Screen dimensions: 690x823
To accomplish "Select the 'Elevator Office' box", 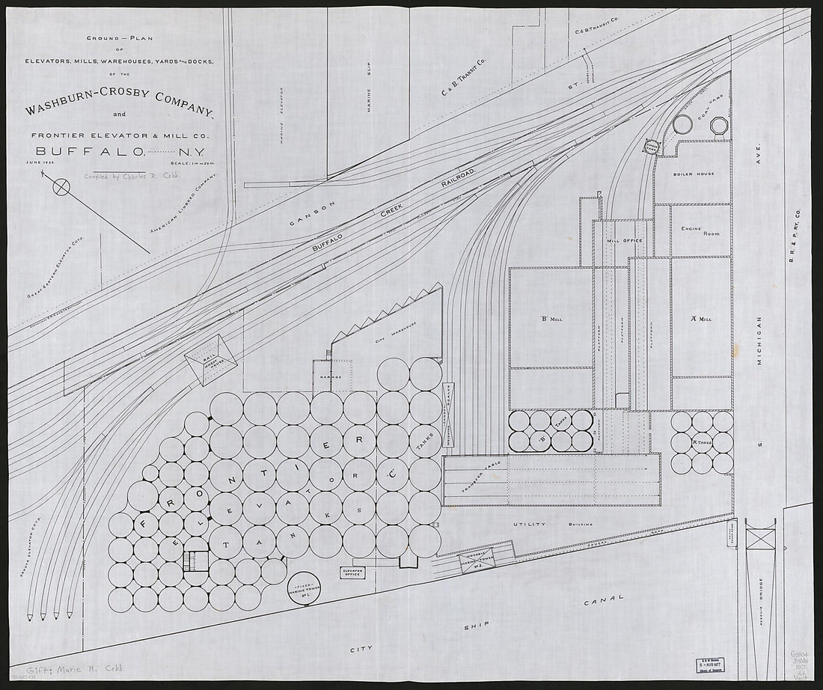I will [x=352, y=573].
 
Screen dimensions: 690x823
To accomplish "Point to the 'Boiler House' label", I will [x=694, y=174].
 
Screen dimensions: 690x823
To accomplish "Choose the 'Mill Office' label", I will [x=622, y=240].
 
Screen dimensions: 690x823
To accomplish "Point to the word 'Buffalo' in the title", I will [x=90, y=150].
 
